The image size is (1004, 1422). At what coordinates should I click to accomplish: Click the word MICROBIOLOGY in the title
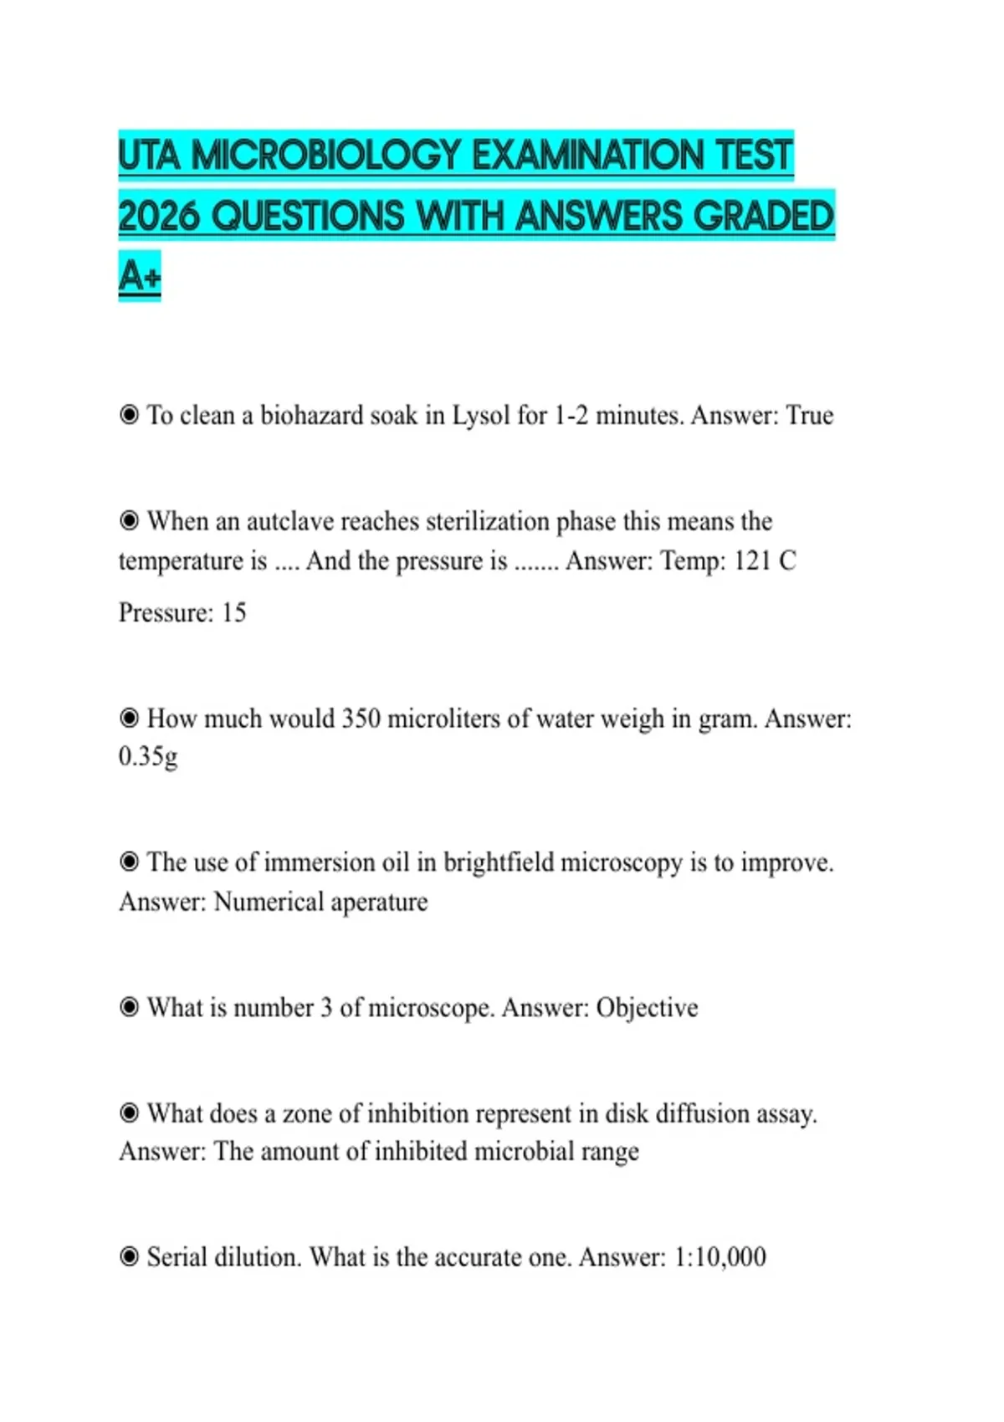click(x=327, y=156)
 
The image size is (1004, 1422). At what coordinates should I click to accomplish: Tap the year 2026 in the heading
click(x=159, y=217)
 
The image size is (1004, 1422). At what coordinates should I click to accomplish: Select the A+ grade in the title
click(x=139, y=276)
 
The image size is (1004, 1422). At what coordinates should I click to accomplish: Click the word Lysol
click(x=481, y=416)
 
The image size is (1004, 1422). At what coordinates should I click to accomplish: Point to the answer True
click(x=809, y=416)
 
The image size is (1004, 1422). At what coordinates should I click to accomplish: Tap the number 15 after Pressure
click(x=233, y=613)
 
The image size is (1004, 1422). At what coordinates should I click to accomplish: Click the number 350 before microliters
click(x=361, y=719)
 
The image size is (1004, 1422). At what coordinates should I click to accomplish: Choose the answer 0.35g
click(x=148, y=757)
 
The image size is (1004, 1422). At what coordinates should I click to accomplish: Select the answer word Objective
click(x=647, y=1008)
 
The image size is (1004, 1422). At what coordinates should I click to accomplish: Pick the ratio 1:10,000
click(x=720, y=1257)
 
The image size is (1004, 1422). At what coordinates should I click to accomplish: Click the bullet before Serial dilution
click(x=129, y=1256)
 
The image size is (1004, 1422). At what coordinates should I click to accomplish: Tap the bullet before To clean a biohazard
click(x=129, y=415)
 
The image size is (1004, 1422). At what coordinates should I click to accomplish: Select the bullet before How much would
click(x=129, y=718)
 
